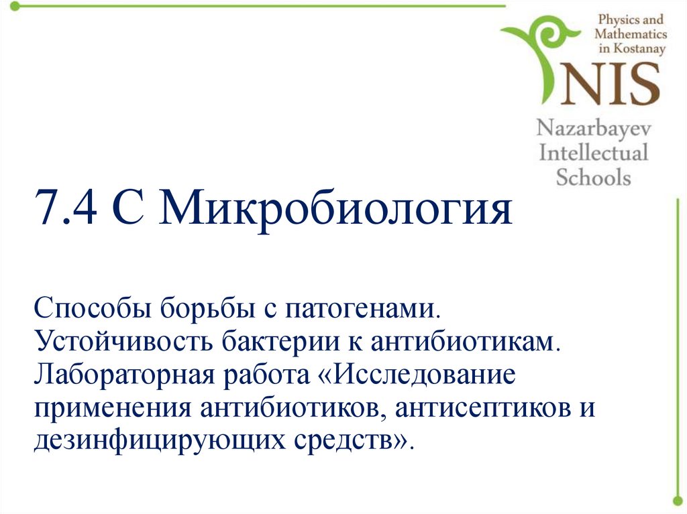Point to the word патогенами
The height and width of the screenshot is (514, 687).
coord(363,310)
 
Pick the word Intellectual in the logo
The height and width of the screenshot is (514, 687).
coord(594,153)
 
